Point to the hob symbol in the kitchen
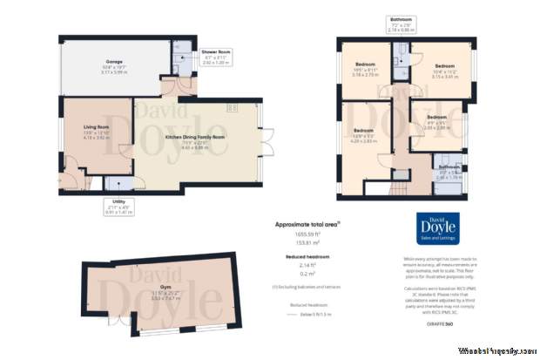pyautogui.click(x=232, y=107)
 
